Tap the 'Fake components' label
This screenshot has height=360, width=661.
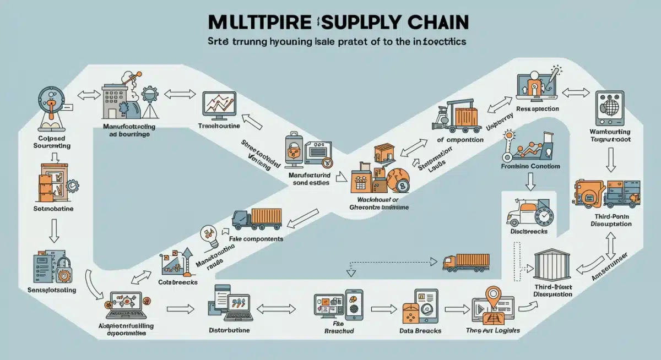257,239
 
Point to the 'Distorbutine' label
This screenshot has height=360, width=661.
229,330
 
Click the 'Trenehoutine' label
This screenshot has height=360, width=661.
219,126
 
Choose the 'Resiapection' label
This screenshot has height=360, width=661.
538,109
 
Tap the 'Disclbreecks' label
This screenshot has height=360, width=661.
529,232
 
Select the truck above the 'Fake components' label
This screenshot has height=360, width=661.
257,219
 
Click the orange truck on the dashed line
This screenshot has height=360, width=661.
465,263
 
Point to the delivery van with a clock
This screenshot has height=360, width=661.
528,212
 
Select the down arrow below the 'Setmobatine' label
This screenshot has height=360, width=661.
53,231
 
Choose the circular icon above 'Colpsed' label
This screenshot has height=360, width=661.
51,103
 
